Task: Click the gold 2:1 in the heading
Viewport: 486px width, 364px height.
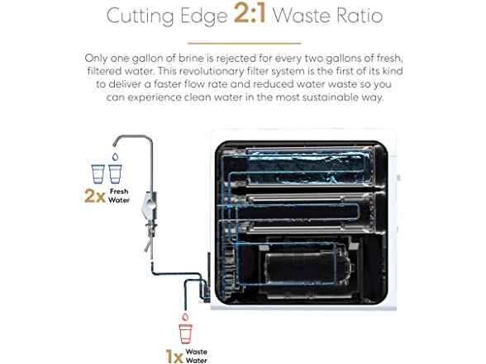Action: coord(250,13)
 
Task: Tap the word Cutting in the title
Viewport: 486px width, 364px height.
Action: coord(141,17)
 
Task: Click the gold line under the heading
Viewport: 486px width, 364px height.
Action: coord(245,43)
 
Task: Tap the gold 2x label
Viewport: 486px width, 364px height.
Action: coord(95,196)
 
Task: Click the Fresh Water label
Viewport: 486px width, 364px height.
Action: coord(119,196)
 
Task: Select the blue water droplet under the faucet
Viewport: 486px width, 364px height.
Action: coord(116,157)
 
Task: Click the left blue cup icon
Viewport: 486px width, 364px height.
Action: coord(98,174)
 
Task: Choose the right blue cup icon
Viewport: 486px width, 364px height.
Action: coord(115,174)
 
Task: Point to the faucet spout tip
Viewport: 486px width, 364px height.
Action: coord(114,145)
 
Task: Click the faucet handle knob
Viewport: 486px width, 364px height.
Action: coord(151,204)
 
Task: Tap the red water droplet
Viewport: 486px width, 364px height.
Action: coord(185,317)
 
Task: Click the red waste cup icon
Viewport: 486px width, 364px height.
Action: coord(185,334)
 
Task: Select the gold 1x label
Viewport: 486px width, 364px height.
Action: coord(174,357)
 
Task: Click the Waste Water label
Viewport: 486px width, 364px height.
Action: coord(197,356)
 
